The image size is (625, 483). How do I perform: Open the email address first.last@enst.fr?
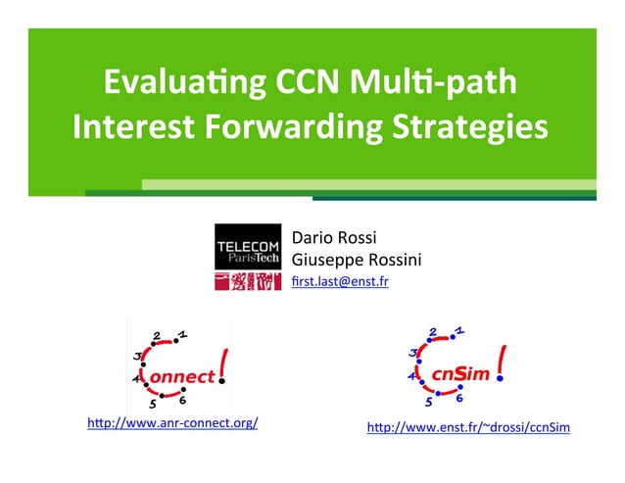[x=340, y=282]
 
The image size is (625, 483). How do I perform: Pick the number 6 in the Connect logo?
[x=183, y=399]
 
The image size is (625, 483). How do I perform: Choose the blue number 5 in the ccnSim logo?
[x=429, y=400]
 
